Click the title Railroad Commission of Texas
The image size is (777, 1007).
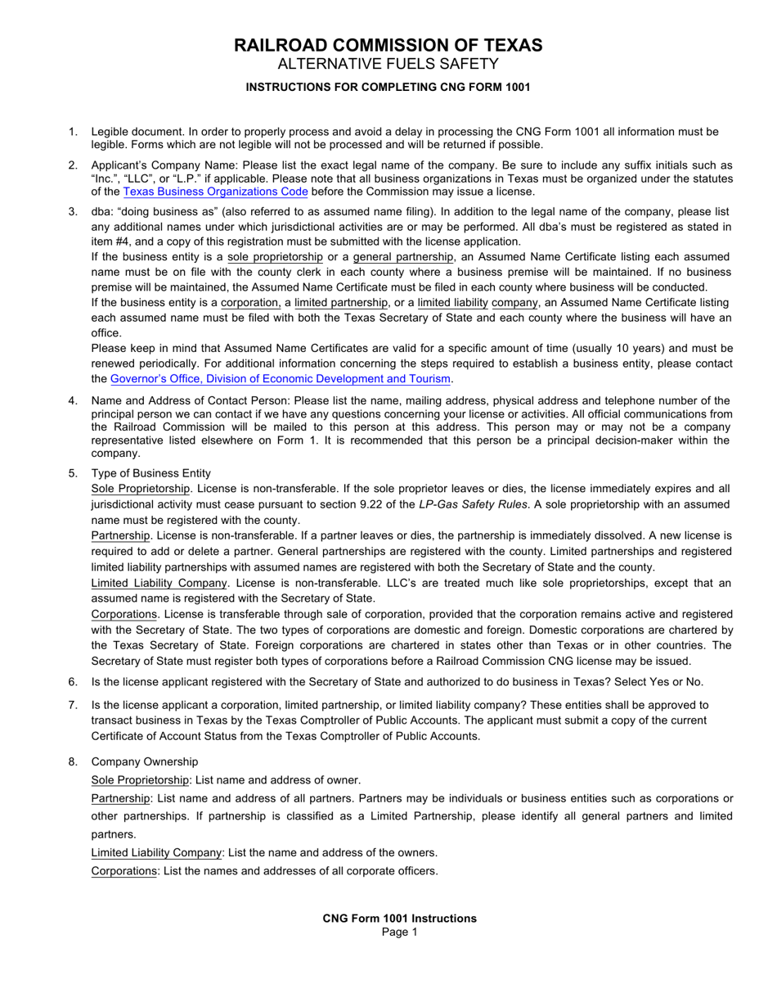(388, 46)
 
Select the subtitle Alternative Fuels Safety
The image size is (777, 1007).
(388, 65)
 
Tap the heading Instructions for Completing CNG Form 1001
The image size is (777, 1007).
(388, 87)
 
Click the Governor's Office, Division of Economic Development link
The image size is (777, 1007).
(281, 379)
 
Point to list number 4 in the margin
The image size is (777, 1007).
(73, 400)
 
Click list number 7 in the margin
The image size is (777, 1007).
(73, 705)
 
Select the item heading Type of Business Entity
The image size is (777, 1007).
(150, 473)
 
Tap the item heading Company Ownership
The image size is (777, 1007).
(144, 762)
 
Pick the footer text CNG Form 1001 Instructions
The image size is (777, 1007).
(399, 919)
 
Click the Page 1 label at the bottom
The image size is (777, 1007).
(399, 932)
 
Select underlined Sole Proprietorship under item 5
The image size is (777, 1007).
(139, 489)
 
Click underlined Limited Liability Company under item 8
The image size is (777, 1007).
(156, 853)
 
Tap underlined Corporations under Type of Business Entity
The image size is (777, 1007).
(124, 614)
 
